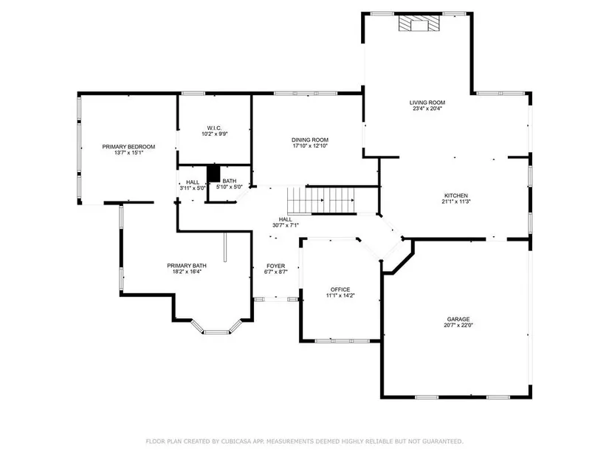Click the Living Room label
coord(427,103)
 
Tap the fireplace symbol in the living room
coord(419,23)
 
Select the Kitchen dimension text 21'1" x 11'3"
coord(456,202)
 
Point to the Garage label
coord(458,319)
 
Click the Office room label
coord(340,289)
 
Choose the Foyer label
coord(276,266)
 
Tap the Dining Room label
coord(310,140)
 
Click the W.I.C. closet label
coord(214,128)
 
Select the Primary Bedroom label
coord(128,146)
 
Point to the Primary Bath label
coord(187,266)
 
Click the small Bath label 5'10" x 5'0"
coord(229,184)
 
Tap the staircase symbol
coord(321,201)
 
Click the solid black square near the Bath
coord(213,173)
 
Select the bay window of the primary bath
coord(216,329)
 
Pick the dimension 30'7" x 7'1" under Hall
coord(286,225)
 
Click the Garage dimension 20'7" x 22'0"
coord(458,326)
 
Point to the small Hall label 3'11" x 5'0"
coord(193,185)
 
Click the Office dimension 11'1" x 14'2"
coord(340,295)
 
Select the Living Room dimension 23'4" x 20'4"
coord(427,109)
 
